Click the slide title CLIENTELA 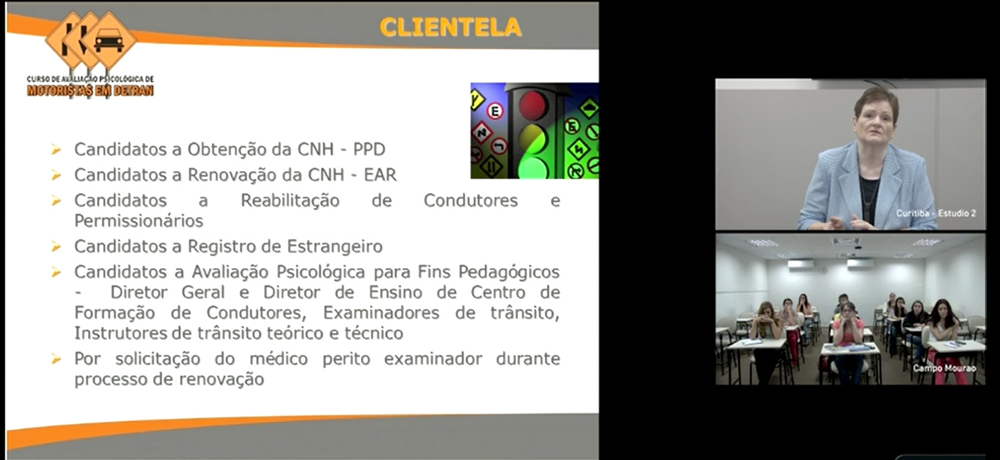tap(451, 27)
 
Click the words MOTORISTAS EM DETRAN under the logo tap(90, 91)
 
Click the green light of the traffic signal tap(532, 168)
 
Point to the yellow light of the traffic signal tap(532, 138)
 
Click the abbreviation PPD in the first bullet tap(369, 150)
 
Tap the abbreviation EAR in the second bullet tap(380, 175)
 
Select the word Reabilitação tap(290, 201)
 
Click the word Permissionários tap(139, 221)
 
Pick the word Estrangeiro tap(335, 247)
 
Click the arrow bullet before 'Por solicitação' tap(56, 359)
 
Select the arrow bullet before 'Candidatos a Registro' tap(56, 247)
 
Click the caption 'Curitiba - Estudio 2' tap(936, 213)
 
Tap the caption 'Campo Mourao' tap(944, 368)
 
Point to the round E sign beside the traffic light tap(495, 111)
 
